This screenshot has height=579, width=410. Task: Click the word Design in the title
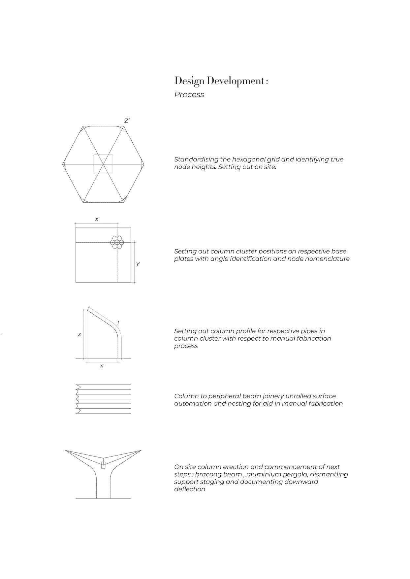point(187,81)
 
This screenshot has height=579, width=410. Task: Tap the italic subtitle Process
point(189,95)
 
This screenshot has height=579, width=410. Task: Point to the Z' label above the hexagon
point(127,121)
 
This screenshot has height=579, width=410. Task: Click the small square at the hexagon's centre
point(103,164)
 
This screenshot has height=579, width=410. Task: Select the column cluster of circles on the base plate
point(117,243)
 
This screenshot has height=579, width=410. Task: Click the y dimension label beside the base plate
point(138,264)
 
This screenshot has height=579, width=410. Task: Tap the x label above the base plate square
point(97,219)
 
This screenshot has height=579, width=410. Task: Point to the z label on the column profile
point(79,334)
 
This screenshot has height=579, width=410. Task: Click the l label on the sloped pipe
point(118,323)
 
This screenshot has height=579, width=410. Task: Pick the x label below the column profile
point(102,366)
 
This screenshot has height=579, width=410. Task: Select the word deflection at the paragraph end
point(190,489)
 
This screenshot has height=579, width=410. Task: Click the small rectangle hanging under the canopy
point(103,465)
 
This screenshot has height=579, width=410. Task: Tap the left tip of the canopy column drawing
point(66,451)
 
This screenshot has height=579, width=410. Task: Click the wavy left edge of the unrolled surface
point(78,399)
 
